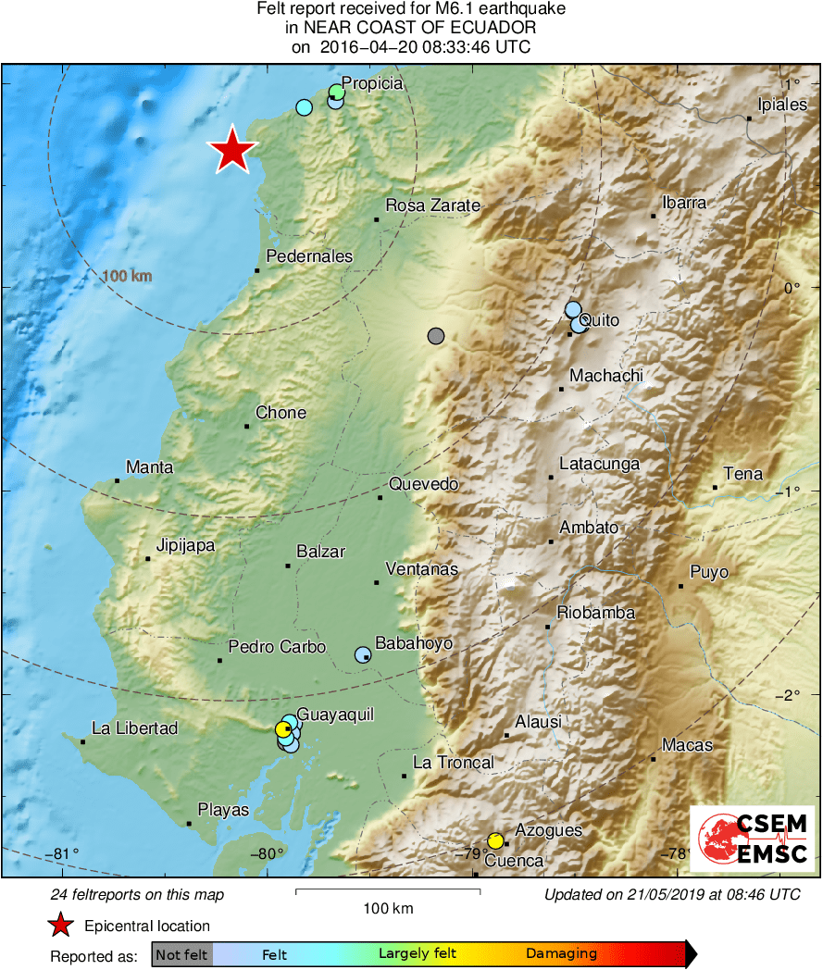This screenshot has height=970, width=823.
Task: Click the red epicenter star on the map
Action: (x=232, y=150)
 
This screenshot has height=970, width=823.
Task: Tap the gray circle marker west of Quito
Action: (x=436, y=336)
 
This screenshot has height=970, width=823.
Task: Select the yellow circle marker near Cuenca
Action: (x=495, y=840)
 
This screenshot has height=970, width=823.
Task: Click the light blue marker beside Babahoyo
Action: (x=362, y=654)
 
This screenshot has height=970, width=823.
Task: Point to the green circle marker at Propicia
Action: (x=337, y=92)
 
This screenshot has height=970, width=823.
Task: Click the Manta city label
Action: (x=149, y=467)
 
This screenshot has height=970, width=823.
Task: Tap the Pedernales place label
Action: (x=309, y=256)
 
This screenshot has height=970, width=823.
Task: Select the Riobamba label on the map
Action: (x=595, y=613)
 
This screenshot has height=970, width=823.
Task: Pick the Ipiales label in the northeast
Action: (x=782, y=105)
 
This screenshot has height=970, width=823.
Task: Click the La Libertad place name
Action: (x=135, y=728)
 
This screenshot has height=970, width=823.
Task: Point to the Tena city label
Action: (x=742, y=474)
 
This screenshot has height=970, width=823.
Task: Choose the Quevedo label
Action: (x=423, y=484)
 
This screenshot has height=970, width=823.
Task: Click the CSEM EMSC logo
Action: (x=752, y=839)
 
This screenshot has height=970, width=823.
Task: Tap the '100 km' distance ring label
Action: (x=127, y=276)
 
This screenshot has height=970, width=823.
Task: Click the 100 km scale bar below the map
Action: (x=388, y=892)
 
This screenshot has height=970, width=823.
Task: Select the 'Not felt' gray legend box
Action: (x=181, y=954)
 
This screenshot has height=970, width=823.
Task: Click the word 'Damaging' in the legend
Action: (x=561, y=954)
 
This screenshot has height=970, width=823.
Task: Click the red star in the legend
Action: (x=61, y=925)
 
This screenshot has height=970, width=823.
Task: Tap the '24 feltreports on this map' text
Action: (x=137, y=895)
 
